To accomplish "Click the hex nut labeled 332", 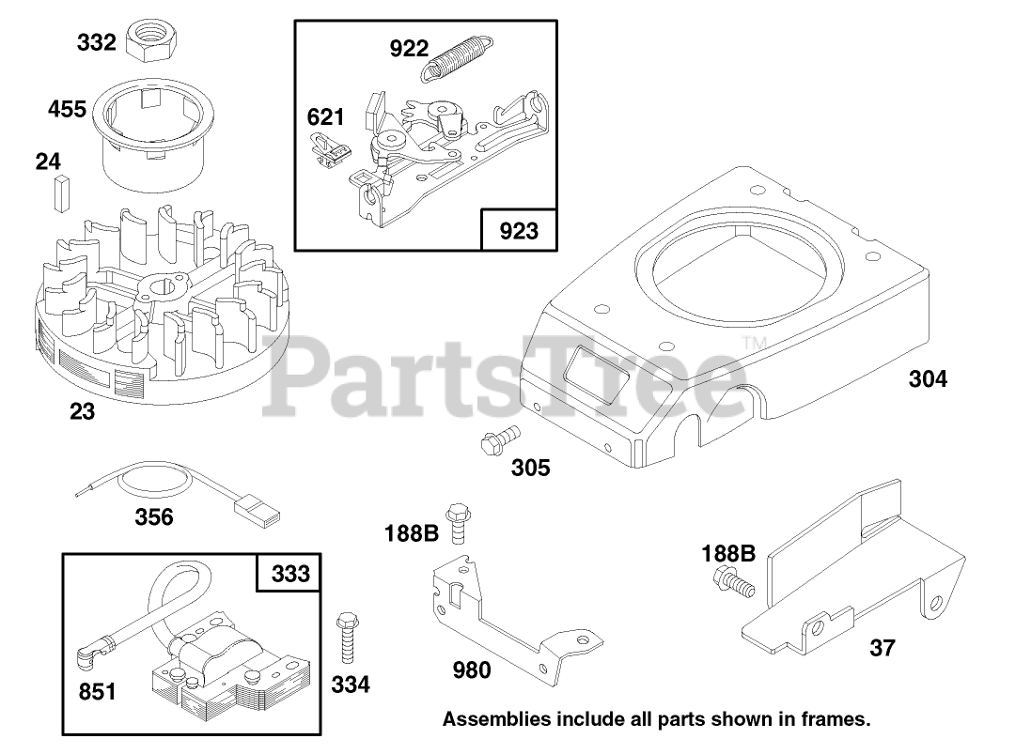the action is pyautogui.click(x=150, y=38).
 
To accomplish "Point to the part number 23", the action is pyautogui.click(x=83, y=410).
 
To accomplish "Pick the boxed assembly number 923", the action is pyautogui.click(x=519, y=230).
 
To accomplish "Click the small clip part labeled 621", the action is pyautogui.click(x=331, y=150).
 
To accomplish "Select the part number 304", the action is pyautogui.click(x=928, y=379).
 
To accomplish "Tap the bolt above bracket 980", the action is pyautogui.click(x=459, y=522).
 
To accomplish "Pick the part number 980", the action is pyautogui.click(x=472, y=669).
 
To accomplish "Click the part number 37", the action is pyautogui.click(x=883, y=647).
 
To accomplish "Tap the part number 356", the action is pyautogui.click(x=154, y=516).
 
